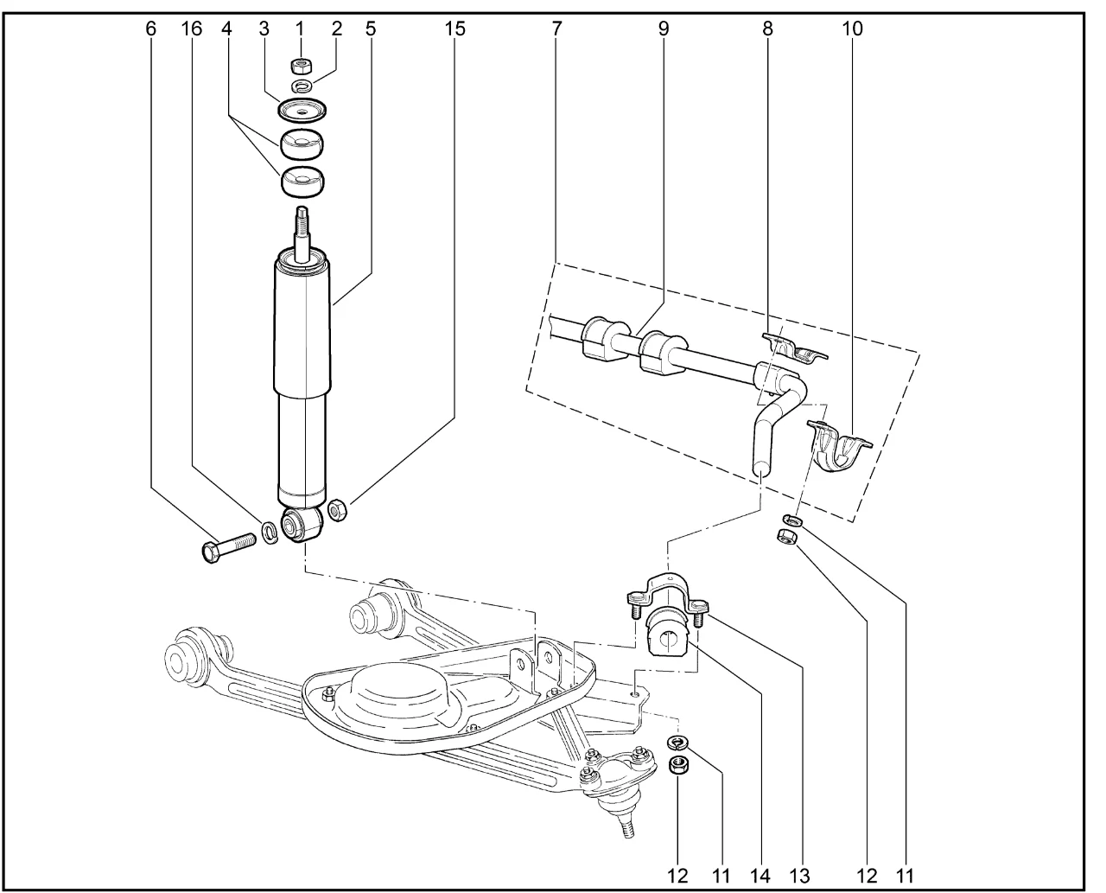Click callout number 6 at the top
pyautogui.click(x=152, y=28)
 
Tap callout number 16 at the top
pyautogui.click(x=192, y=28)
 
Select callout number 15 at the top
pyautogui.click(x=454, y=28)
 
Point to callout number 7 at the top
pyautogui.click(x=556, y=28)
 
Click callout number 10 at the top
pyautogui.click(x=852, y=28)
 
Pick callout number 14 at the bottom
pyautogui.click(x=760, y=876)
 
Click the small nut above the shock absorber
pyautogui.click(x=301, y=66)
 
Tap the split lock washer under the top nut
pyautogui.click(x=302, y=86)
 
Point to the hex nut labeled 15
pyautogui.click(x=339, y=510)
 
